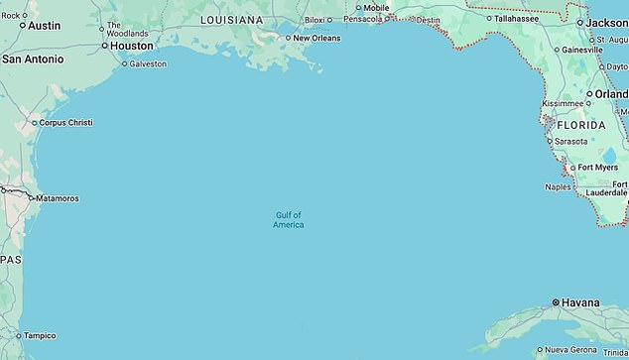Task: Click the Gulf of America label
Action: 288,220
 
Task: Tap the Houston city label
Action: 132,46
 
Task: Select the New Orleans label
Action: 316,38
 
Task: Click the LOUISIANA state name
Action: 231,20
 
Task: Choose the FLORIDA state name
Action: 580,126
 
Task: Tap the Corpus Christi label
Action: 65,123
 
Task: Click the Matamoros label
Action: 59,198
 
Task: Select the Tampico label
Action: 40,335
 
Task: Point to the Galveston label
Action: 149,63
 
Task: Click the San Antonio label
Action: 32,60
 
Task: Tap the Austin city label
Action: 44,26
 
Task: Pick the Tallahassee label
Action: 517,18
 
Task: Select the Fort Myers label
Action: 598,168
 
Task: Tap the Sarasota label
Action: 570,142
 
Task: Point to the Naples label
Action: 559,186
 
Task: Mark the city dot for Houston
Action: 103,46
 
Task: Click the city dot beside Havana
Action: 555,302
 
